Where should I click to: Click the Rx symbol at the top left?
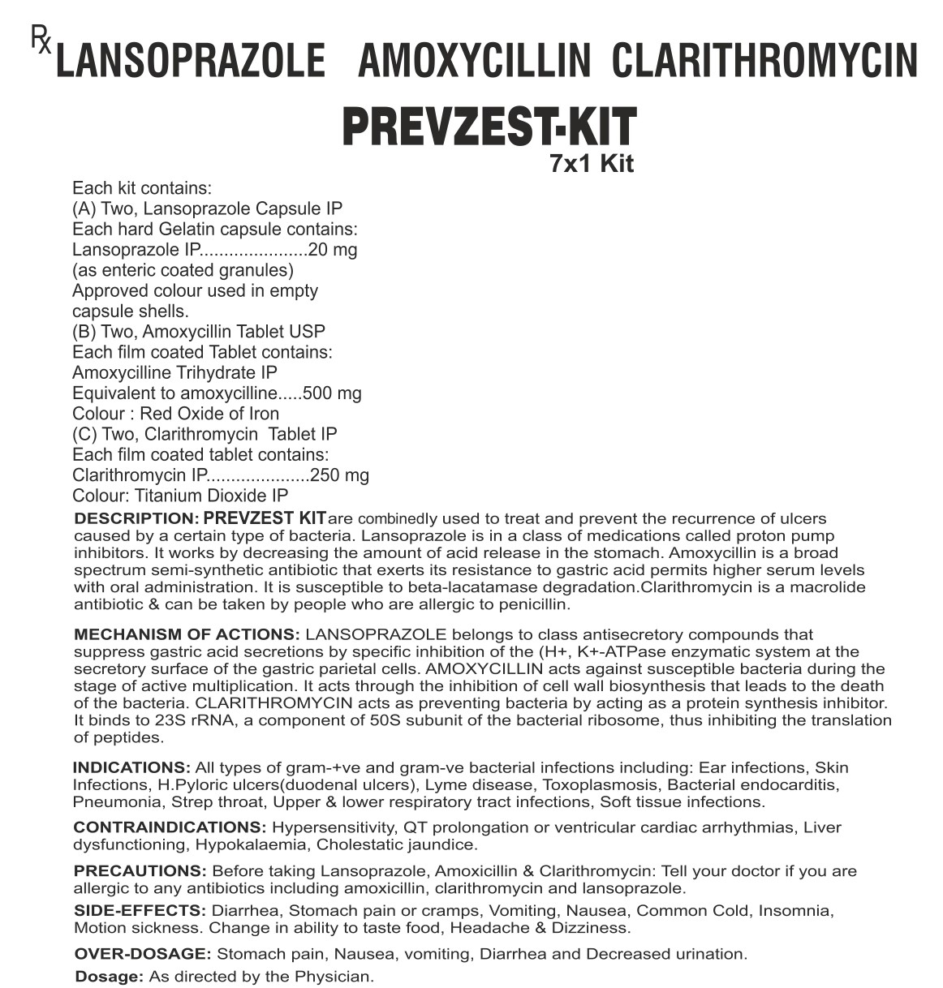click(x=41, y=39)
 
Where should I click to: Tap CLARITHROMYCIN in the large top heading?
click(x=764, y=62)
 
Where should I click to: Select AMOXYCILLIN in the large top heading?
click(x=474, y=62)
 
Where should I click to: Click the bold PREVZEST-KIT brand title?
click(x=489, y=127)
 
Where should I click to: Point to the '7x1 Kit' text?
click(x=591, y=164)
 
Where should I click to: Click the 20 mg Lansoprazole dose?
click(x=333, y=250)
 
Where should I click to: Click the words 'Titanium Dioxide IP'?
click(x=211, y=496)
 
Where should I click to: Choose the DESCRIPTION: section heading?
click(x=136, y=518)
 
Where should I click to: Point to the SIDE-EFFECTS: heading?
click(x=138, y=911)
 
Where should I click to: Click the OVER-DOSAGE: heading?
click(x=143, y=954)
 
